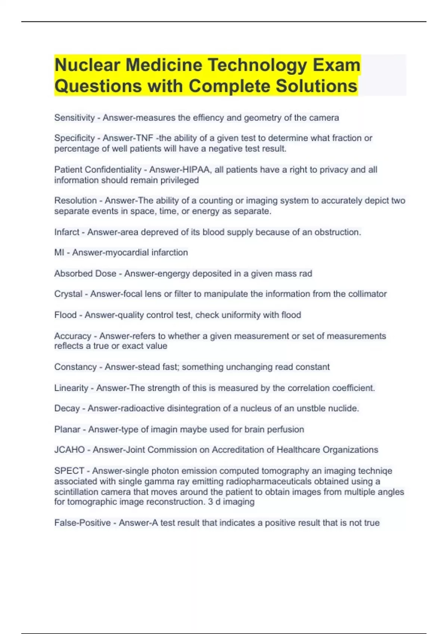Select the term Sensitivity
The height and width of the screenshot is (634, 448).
point(74,118)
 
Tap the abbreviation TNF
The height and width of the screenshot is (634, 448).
point(144,138)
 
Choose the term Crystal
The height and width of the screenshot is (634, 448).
point(68,294)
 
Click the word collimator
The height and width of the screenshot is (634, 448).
point(367,294)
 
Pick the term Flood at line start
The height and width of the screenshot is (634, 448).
point(65,315)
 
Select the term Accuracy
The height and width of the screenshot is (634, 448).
point(73,336)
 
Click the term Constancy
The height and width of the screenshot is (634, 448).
point(75,367)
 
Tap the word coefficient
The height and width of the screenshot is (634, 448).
point(353,388)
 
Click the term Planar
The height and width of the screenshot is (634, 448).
point(67,430)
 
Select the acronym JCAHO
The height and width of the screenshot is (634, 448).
point(69,450)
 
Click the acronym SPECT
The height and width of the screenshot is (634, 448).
point(69,471)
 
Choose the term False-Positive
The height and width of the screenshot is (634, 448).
point(83,523)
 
